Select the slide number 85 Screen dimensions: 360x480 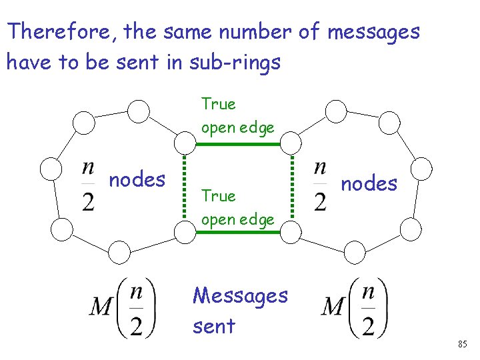point(463,344)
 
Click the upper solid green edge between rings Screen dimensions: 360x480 point(237,141)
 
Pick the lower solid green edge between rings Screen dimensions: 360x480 point(237,231)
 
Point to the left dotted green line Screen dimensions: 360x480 point(183,186)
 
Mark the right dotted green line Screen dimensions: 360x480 point(292,186)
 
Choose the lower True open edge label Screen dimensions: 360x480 point(237,207)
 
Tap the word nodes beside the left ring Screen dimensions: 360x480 point(137,179)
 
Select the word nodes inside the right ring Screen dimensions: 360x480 point(369,183)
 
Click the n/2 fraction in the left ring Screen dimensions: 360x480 point(87,185)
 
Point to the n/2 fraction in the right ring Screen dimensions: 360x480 point(321,185)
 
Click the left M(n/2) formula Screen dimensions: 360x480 point(123,307)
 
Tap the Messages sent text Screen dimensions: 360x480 point(240,310)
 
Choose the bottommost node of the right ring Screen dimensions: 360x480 point(355,251)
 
